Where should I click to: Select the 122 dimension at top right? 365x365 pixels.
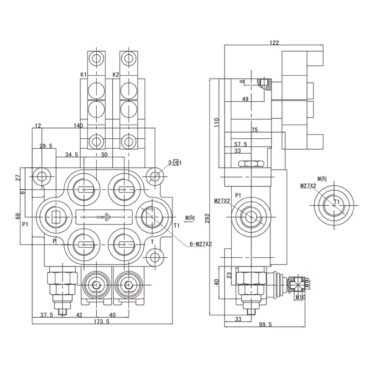(x=274, y=42)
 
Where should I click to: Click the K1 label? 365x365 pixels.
(x=84, y=74)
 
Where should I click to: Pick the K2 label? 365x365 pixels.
(x=115, y=74)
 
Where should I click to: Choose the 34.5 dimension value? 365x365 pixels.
(x=72, y=155)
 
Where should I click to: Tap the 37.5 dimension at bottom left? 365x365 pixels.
(x=47, y=315)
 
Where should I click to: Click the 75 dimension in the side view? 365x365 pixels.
(x=254, y=130)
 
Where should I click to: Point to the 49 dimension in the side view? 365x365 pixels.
(x=245, y=99)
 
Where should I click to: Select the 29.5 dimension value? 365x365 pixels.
(x=46, y=146)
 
